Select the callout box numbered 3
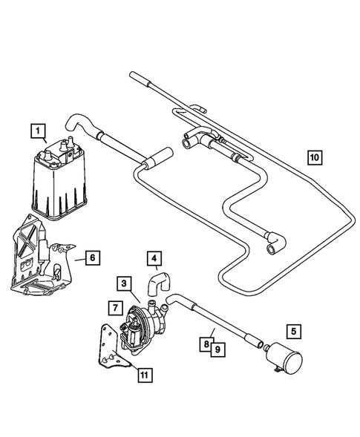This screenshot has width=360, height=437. tap(125, 283)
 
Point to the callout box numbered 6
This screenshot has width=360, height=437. tap(91, 258)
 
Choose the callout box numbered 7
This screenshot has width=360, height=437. tap(114, 306)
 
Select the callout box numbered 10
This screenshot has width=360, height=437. tap(315, 157)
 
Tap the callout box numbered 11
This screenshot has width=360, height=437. tap(146, 373)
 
